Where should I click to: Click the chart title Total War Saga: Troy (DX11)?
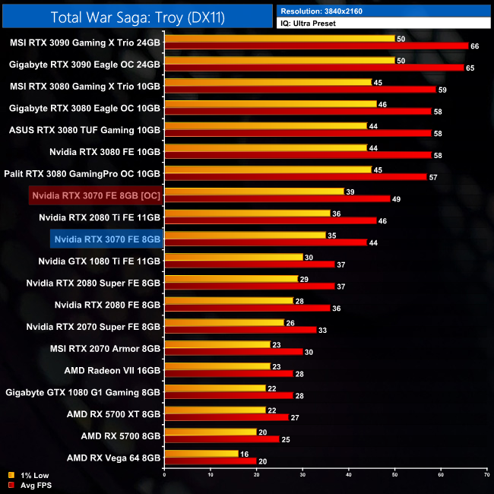coord(137,17)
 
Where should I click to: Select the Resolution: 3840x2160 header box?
coord(383,11)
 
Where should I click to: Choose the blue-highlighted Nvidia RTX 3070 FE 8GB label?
coord(107,239)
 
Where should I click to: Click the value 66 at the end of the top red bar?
coord(475,46)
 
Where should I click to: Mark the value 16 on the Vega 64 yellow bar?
coord(243,453)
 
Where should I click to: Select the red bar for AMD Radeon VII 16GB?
coord(229,374)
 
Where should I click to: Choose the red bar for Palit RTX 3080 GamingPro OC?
coord(296,177)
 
